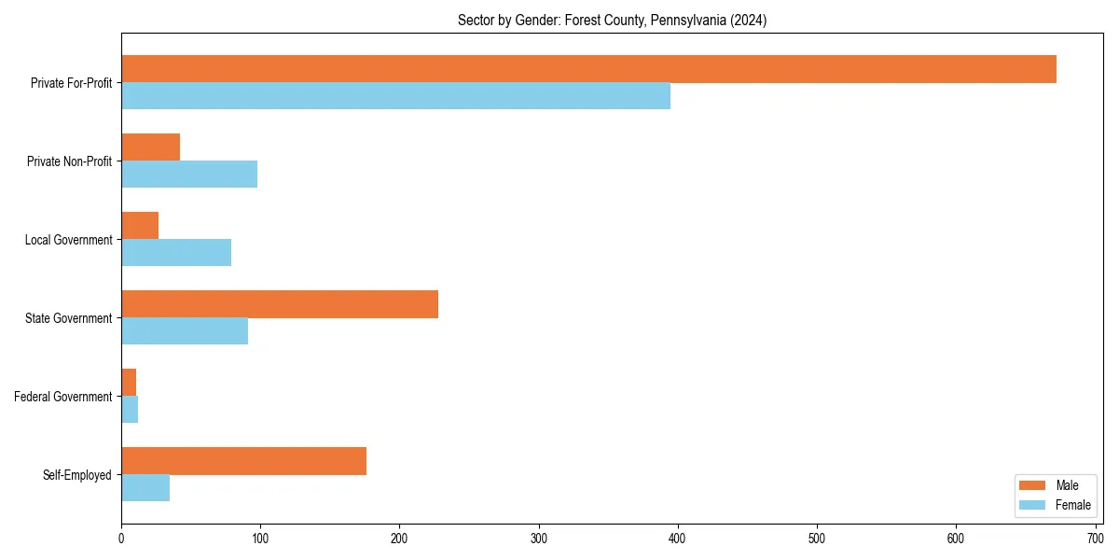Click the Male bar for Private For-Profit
[588, 69]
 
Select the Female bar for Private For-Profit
[395, 96]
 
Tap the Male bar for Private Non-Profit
[150, 147]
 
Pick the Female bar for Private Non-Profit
[189, 175]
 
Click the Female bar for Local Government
[176, 253]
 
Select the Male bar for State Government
[280, 304]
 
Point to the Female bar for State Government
[185, 331]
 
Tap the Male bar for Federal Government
[129, 383]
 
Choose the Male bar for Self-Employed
[243, 461]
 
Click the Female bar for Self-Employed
[145, 488]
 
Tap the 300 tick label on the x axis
[539, 539]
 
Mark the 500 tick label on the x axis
[817, 539]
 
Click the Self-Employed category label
[77, 475]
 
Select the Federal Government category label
[63, 397]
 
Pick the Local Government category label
[68, 240]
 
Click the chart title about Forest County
[612, 21]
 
